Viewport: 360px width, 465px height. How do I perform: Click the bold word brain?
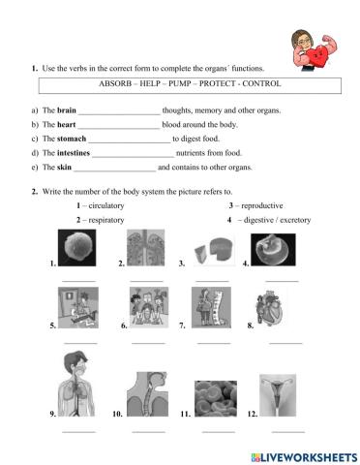[x=67, y=111]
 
